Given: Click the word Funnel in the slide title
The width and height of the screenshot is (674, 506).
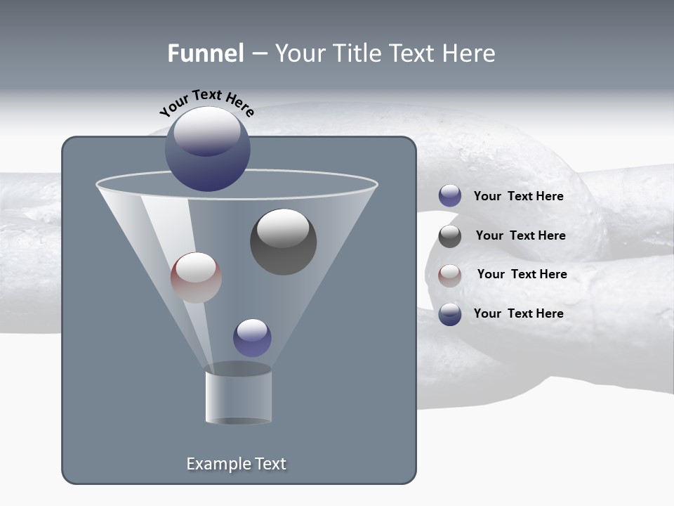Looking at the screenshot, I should tap(205, 53).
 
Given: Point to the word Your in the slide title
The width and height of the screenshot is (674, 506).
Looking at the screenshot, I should tap(300, 53).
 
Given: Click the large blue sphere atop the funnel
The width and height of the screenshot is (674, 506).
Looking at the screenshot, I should tap(208, 149).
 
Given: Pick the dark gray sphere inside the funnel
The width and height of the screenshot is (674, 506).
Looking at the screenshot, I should tap(283, 242).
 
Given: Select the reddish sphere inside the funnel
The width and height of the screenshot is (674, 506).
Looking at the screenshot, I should tap(196, 278).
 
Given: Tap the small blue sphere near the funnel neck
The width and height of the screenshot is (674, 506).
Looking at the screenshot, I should tap(252, 338).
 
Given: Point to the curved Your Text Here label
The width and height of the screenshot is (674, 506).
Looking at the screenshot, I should tap(206, 103).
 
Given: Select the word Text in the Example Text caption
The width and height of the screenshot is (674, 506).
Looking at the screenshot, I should tap(269, 464).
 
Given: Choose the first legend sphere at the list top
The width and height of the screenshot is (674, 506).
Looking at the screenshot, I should tap(450, 196).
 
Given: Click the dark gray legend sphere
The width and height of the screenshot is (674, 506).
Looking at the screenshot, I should tap(450, 236).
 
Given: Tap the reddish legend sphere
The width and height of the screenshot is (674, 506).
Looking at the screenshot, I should tap(450, 275).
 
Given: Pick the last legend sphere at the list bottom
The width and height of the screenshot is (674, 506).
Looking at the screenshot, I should tap(450, 314).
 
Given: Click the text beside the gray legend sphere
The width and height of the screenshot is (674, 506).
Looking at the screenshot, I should tap(520, 235).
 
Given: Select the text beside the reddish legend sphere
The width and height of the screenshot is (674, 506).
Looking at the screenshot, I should tap(522, 274).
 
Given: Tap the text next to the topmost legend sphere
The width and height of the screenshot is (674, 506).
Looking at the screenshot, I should tap(518, 196).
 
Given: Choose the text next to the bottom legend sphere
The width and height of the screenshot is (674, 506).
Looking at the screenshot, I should tap(518, 313).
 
